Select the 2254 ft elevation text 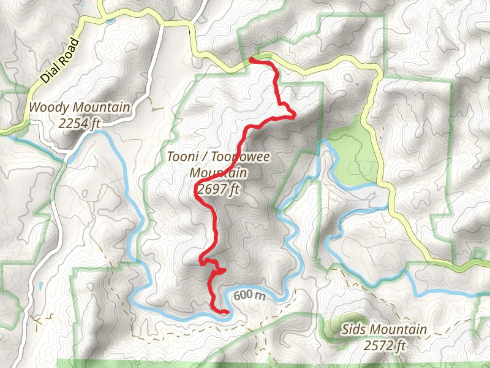pyautogui.click(x=80, y=123)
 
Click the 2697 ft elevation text pyautogui.click(x=216, y=190)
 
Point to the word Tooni pyautogui.click(x=182, y=156)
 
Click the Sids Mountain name pyautogui.click(x=385, y=330)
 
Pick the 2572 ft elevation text pyautogui.click(x=385, y=346)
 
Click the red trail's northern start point pyautogui.click(x=252, y=59)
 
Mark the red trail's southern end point pyautogui.click(x=227, y=312)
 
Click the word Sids pyautogui.click(x=355, y=330)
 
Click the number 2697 pyautogui.click(x=208, y=190)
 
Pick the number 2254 pyautogui.click(x=72, y=123)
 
